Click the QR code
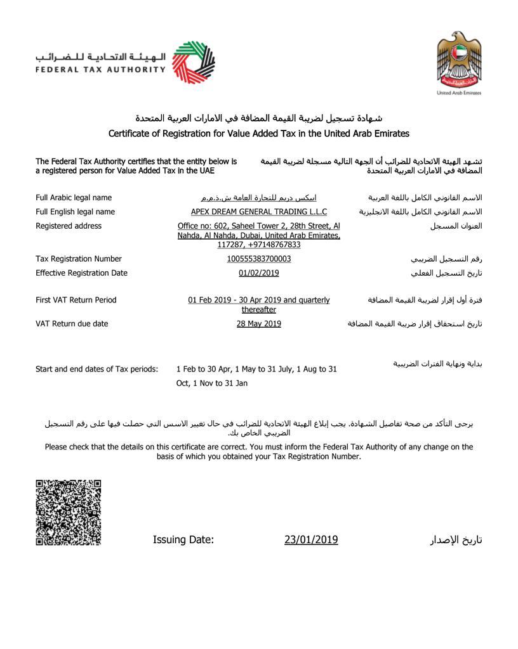coord(68,512)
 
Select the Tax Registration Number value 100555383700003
coord(259,259)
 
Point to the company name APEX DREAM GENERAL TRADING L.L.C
coord(259,212)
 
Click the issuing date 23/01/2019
coord(311,540)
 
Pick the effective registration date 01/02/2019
coord(259,273)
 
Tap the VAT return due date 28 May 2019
coord(259,324)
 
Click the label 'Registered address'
coord(69,226)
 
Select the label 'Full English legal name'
coord(75,212)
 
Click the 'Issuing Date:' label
coord(183,540)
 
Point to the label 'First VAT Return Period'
coord(76,300)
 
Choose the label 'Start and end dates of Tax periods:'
coord(96,369)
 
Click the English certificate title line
coord(259,134)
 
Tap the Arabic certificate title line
coord(259,119)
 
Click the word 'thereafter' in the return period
coord(259,310)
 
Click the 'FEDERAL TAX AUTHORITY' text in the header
coord(100,69)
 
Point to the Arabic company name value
coord(259,198)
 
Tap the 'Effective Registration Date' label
coord(81,273)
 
